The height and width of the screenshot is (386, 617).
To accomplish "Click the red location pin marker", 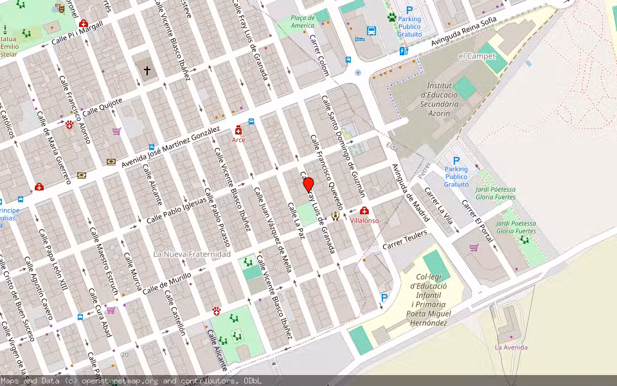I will pos(308,185).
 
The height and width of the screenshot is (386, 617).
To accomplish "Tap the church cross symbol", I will pos(147,71).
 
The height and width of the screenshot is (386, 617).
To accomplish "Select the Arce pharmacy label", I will pos(238,140).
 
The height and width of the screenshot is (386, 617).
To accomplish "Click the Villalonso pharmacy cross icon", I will pos(365,211).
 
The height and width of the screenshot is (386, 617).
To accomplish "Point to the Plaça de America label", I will pos(303,22).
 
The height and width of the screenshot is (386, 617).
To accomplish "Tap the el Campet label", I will pos(477,56).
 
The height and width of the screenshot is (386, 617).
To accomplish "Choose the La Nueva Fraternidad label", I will pos(192,254).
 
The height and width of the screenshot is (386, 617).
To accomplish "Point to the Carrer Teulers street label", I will pos(405,241).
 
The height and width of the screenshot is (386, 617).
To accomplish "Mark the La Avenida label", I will pos(511,347).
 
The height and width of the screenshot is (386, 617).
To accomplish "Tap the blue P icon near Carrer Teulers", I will pos(384,298).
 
